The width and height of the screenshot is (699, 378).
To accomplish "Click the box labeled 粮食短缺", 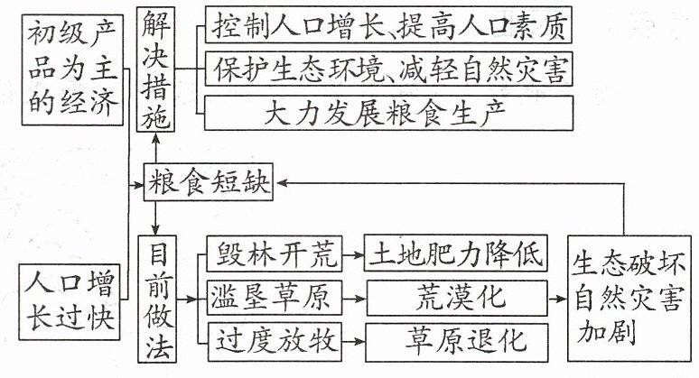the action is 209,182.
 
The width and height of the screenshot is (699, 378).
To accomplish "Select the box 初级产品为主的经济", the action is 72,69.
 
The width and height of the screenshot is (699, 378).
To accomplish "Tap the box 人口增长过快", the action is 70,302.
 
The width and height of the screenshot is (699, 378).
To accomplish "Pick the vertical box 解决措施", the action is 155,69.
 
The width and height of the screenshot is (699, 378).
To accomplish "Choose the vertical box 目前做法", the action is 157,299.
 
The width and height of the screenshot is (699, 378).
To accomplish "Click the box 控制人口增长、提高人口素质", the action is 388,24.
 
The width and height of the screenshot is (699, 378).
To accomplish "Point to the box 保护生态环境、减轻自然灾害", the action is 388,69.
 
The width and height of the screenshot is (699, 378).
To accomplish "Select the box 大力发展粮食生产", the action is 388,113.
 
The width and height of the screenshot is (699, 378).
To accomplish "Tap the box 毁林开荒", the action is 275,254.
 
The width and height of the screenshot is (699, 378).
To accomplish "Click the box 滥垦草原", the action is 275,298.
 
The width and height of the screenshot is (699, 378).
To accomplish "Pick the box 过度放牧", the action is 275,342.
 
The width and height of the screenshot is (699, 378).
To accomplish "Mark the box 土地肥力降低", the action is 455,254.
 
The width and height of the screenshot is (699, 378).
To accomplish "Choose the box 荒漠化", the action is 457,298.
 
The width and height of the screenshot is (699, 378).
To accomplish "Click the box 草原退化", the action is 457,343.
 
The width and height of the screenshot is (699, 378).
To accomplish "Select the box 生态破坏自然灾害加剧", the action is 629,299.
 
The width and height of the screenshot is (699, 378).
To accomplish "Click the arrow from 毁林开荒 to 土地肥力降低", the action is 353,254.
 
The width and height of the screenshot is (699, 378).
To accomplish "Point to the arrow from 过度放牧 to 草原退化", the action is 354,342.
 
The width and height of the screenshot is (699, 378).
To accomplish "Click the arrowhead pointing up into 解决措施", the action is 155,137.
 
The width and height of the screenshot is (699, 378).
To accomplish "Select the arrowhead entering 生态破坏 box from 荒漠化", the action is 563,299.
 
